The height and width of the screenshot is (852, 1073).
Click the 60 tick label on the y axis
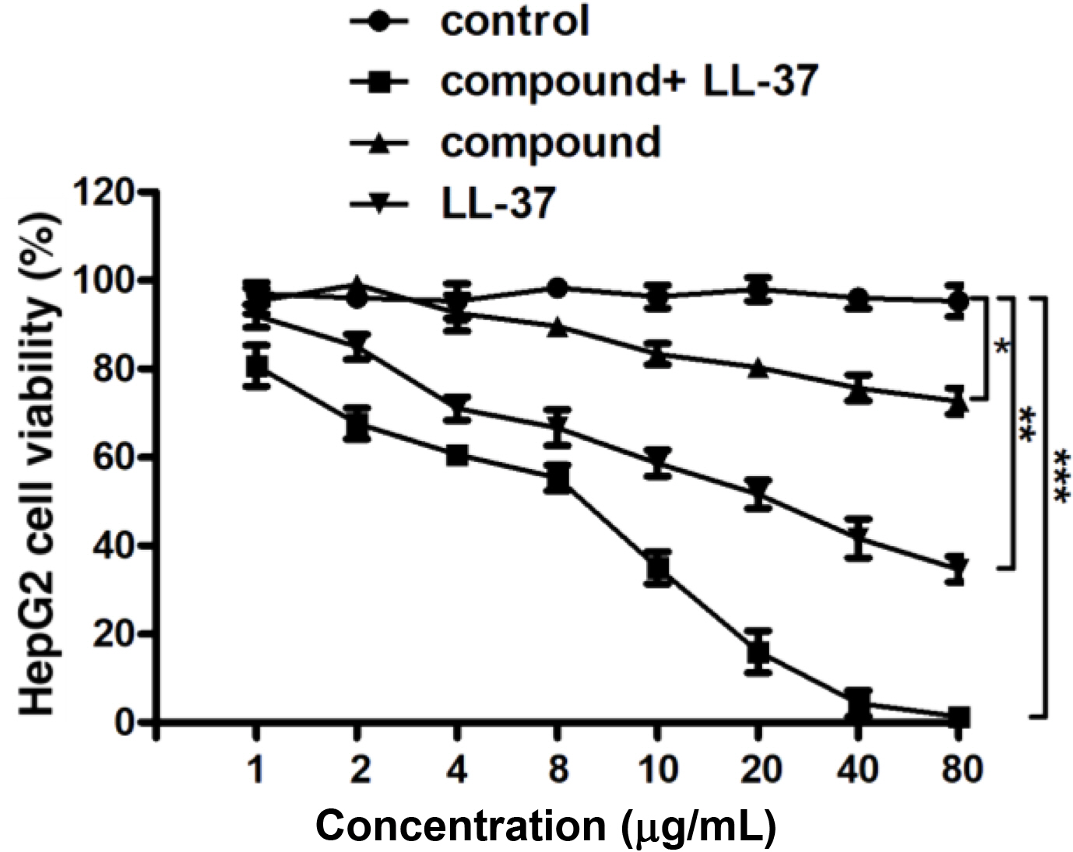point(114,457)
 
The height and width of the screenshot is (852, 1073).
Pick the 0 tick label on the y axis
point(125,723)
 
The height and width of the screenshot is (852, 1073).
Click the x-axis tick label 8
point(557,770)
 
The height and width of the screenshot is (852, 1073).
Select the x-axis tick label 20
point(758,770)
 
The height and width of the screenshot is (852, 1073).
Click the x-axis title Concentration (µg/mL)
point(546,826)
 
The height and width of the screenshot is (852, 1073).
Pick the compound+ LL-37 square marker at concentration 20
point(758,652)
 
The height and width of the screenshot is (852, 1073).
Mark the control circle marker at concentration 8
point(557,288)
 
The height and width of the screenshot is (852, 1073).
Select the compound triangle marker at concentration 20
point(758,369)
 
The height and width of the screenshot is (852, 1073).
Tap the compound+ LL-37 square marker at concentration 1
point(257,365)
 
